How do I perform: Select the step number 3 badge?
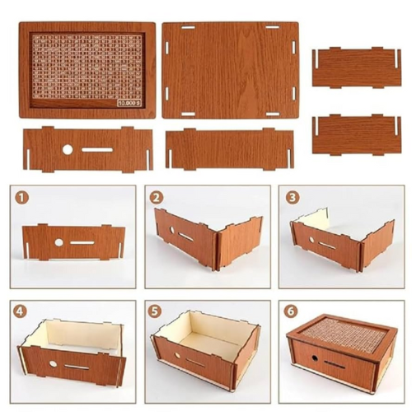(x=293, y=198)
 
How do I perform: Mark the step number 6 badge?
(x=293, y=311)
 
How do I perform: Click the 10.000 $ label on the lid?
(x=129, y=104)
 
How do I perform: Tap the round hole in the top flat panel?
(x=65, y=149)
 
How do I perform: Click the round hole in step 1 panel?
(x=59, y=242)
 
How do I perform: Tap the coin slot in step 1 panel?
(x=84, y=242)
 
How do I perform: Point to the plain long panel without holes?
(x=229, y=149)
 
